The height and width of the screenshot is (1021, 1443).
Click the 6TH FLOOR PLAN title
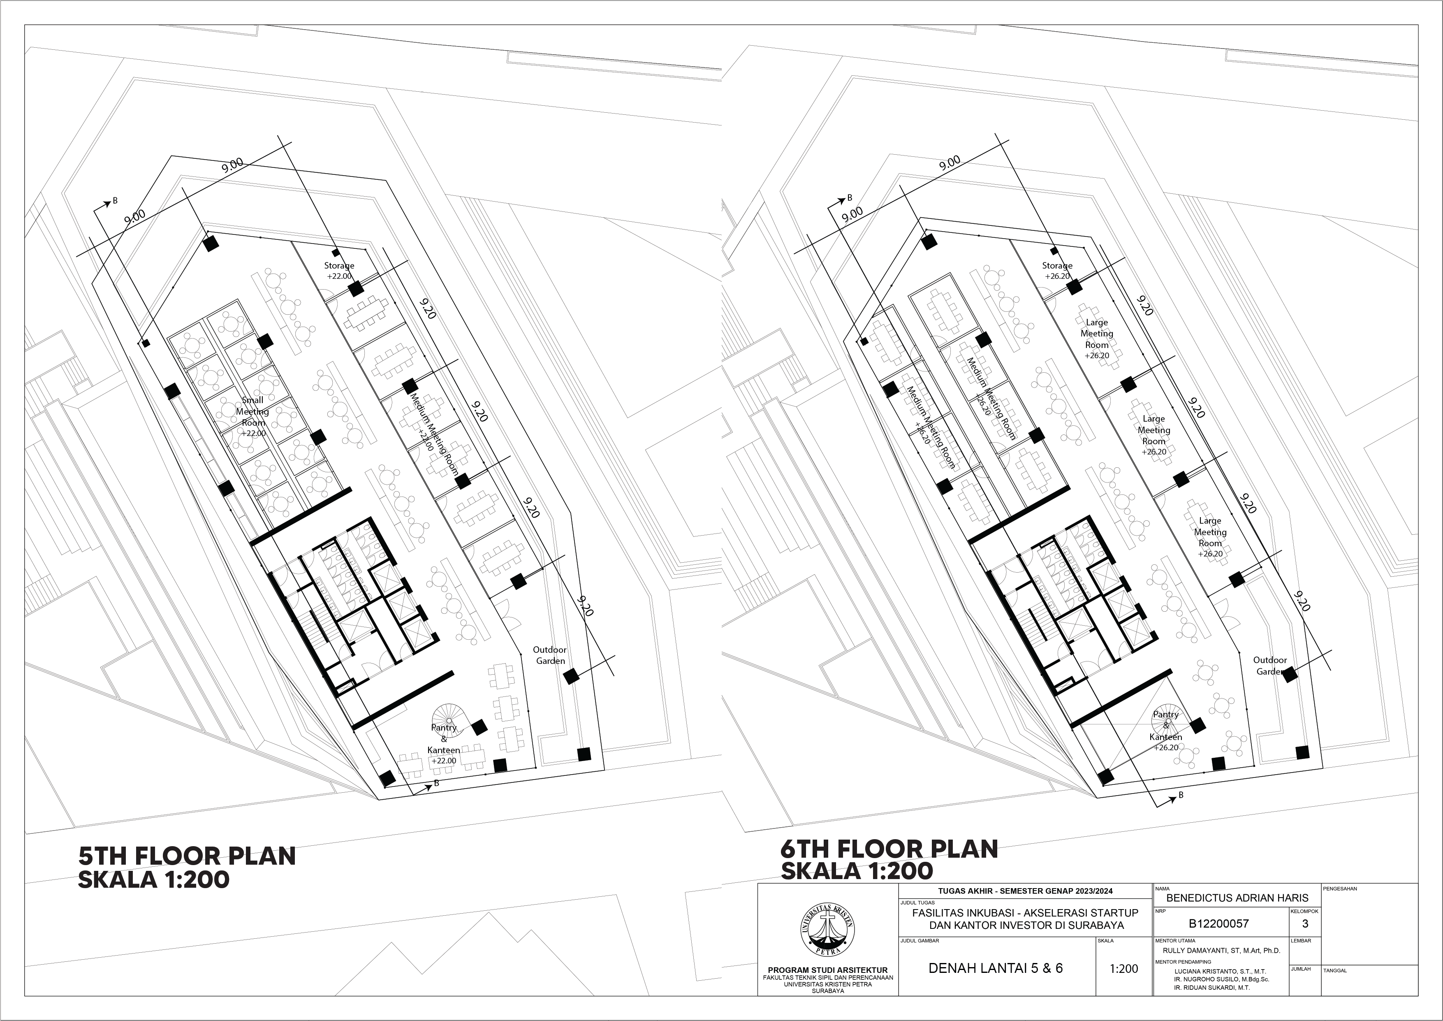pos(889,849)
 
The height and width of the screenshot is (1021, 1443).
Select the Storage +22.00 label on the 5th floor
pos(339,270)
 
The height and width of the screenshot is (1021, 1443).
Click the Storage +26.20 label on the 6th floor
pos(1057,270)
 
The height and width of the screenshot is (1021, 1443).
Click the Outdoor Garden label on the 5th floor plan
pos(550,655)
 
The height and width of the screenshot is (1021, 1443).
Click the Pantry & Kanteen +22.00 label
pos(444,744)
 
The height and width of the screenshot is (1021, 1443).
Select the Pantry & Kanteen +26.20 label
pos(1166,731)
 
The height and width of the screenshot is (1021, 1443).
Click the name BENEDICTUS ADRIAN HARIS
pos(1237,898)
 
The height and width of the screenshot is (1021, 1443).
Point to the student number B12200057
pos(1219,924)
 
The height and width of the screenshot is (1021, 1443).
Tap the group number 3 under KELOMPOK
pos(1305,924)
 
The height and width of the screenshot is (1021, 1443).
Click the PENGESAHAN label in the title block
pos(1340,889)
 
